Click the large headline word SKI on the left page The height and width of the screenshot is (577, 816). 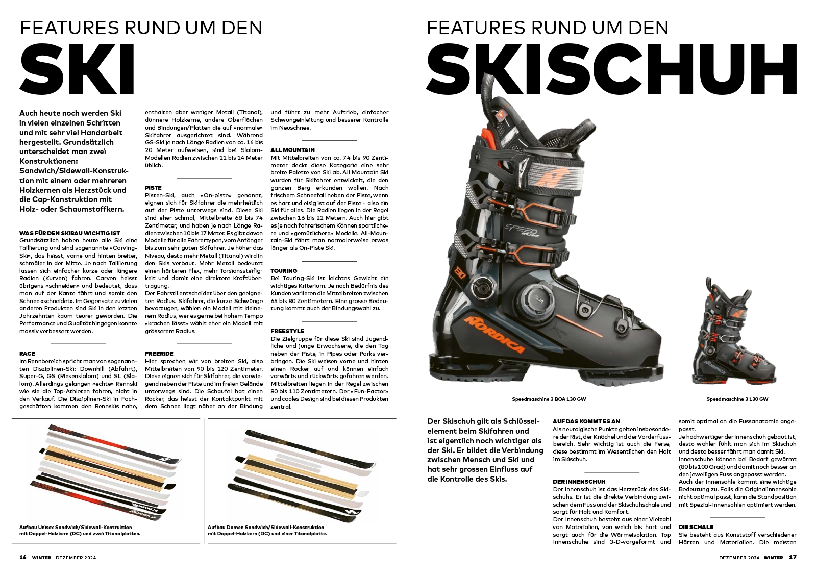coord(78,70)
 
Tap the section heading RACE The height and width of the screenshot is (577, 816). coord(28,354)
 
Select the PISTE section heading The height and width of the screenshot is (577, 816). coord(153,188)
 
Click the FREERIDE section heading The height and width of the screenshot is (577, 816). coord(159,354)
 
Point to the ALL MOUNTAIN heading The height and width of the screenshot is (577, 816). coord(292,150)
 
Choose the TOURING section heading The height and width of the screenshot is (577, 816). coord(284,271)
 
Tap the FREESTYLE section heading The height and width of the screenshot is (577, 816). coord(287,331)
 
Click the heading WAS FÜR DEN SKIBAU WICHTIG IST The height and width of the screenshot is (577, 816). coord(70,233)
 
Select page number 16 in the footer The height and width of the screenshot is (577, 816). coord(23,557)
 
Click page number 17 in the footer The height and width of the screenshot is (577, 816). coord(793,557)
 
